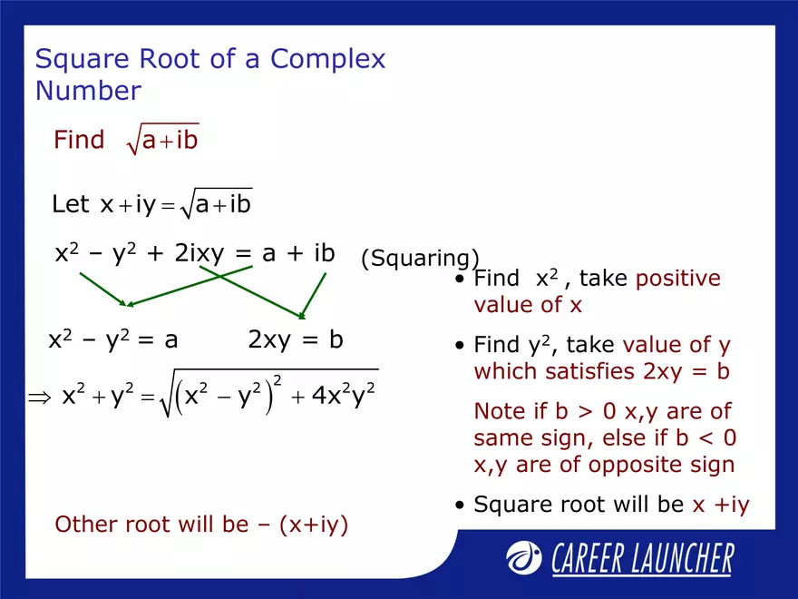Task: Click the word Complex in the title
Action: coord(327,59)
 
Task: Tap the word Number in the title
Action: coord(88,91)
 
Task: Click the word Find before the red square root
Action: coord(79,141)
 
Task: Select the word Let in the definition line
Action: coord(71,205)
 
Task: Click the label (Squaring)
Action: coord(420,259)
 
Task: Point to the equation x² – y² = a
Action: coord(112,340)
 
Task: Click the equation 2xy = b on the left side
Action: coord(296,340)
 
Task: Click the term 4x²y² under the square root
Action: coord(344,396)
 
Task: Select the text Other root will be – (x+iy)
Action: coord(201,525)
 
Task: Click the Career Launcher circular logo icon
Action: coord(524,556)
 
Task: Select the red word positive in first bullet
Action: coord(677,279)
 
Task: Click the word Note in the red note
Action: coord(498,412)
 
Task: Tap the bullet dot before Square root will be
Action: coord(462,506)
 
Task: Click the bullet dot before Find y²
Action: coord(462,347)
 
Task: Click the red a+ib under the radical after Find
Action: coord(170,141)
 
